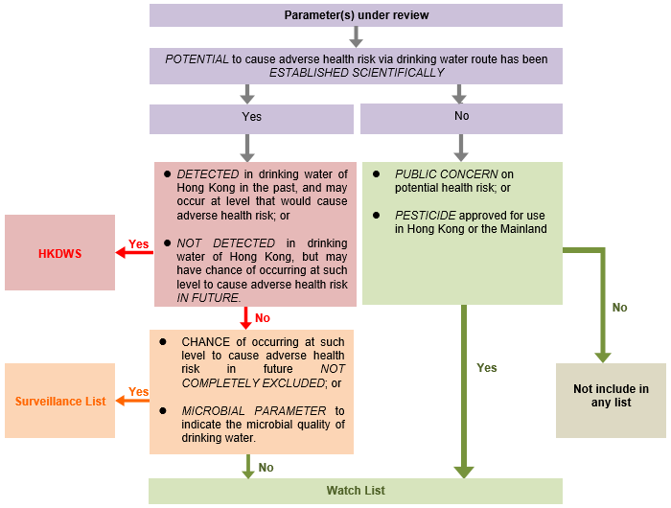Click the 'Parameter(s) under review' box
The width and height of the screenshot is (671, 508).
point(356,15)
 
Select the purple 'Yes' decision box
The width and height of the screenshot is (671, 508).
point(251,117)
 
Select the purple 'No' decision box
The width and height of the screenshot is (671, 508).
point(461,116)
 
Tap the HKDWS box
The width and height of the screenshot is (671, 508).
point(59,253)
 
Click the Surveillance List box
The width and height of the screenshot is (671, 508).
point(59,401)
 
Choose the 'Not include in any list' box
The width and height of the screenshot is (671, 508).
point(611,396)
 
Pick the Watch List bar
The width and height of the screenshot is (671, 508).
point(356,491)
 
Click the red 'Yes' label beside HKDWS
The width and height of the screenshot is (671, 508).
point(139,244)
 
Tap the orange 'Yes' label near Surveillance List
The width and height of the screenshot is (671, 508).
point(139,392)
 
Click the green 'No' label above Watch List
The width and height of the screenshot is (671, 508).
point(266,468)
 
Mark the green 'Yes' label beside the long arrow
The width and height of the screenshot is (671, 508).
point(487,368)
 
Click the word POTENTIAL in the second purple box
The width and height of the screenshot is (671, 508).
point(197,59)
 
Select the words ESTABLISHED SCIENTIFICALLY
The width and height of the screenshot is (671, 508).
point(356,73)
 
